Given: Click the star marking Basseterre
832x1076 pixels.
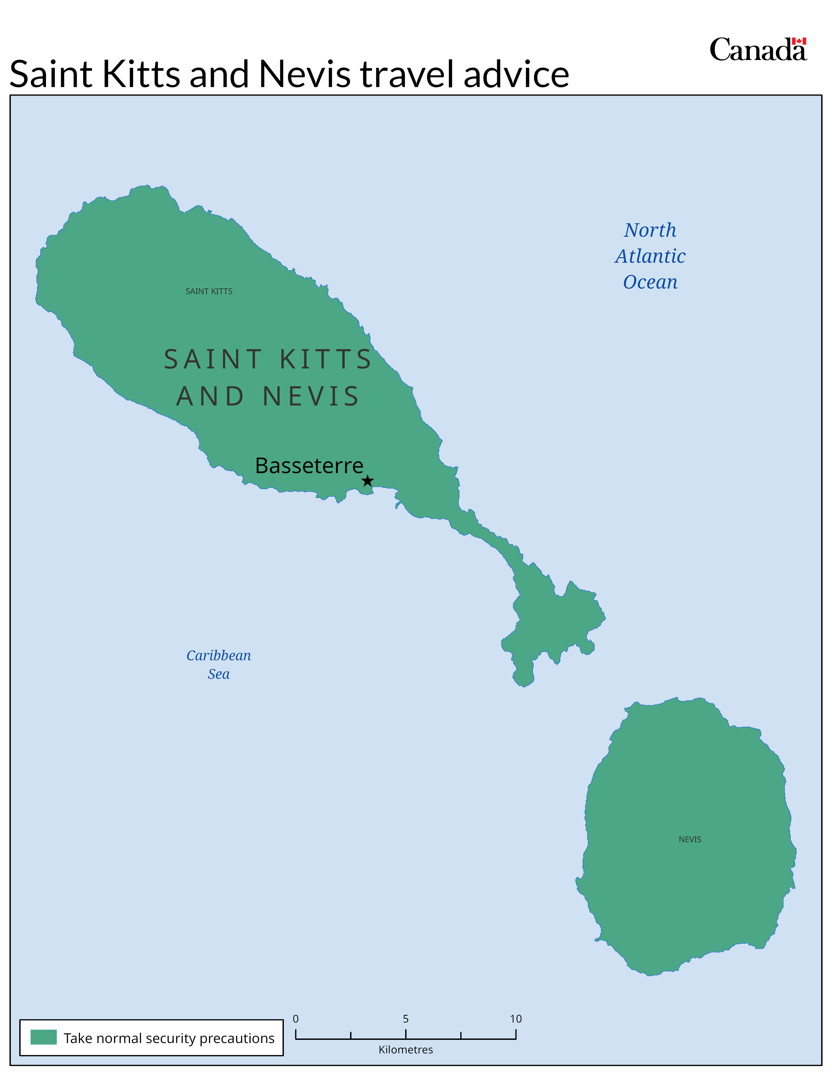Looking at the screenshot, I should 368,481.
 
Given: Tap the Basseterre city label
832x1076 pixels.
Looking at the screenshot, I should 309,466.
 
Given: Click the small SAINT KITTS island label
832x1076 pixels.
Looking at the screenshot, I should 209,291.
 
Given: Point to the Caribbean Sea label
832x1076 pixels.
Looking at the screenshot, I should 218,665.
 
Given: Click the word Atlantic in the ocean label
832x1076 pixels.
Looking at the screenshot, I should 650,256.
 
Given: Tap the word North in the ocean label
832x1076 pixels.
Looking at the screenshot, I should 650,230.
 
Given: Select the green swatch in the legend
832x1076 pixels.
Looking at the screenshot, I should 43,1037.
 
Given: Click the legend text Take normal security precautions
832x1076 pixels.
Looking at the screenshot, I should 169,1038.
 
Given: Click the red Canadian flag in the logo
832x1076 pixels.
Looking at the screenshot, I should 799,41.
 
